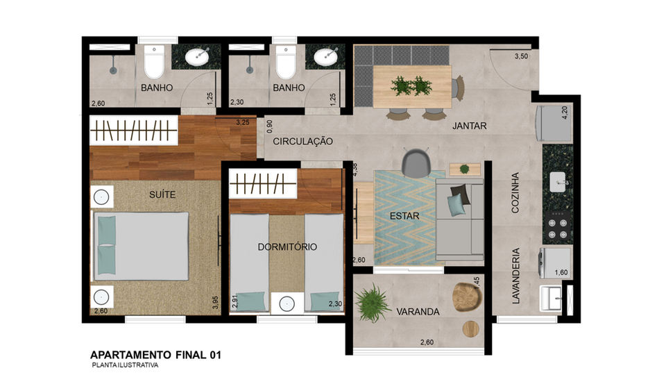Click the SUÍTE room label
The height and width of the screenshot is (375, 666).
click(x=162, y=194)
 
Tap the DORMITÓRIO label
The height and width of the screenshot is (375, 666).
click(x=287, y=247)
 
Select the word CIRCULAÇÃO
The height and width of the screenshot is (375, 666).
click(x=303, y=142)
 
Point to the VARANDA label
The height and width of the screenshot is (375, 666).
click(x=418, y=312)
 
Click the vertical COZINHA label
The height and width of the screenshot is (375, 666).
click(x=515, y=192)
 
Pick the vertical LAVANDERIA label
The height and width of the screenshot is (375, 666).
click(x=515, y=276)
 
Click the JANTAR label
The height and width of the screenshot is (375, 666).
click(x=470, y=126)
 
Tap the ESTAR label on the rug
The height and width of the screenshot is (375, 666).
click(x=404, y=216)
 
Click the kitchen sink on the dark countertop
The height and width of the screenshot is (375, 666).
click(x=558, y=182)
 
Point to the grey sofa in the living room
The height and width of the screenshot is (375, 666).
click(x=459, y=219)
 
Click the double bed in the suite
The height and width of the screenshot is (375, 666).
click(x=141, y=246)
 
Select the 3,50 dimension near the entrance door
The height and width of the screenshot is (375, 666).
click(x=521, y=56)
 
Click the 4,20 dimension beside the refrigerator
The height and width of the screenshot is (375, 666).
click(x=565, y=113)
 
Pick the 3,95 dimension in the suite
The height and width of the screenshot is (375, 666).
click(x=215, y=302)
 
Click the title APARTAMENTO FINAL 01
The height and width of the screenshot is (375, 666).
click(x=156, y=355)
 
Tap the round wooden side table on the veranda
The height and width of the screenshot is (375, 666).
click(x=470, y=328)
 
